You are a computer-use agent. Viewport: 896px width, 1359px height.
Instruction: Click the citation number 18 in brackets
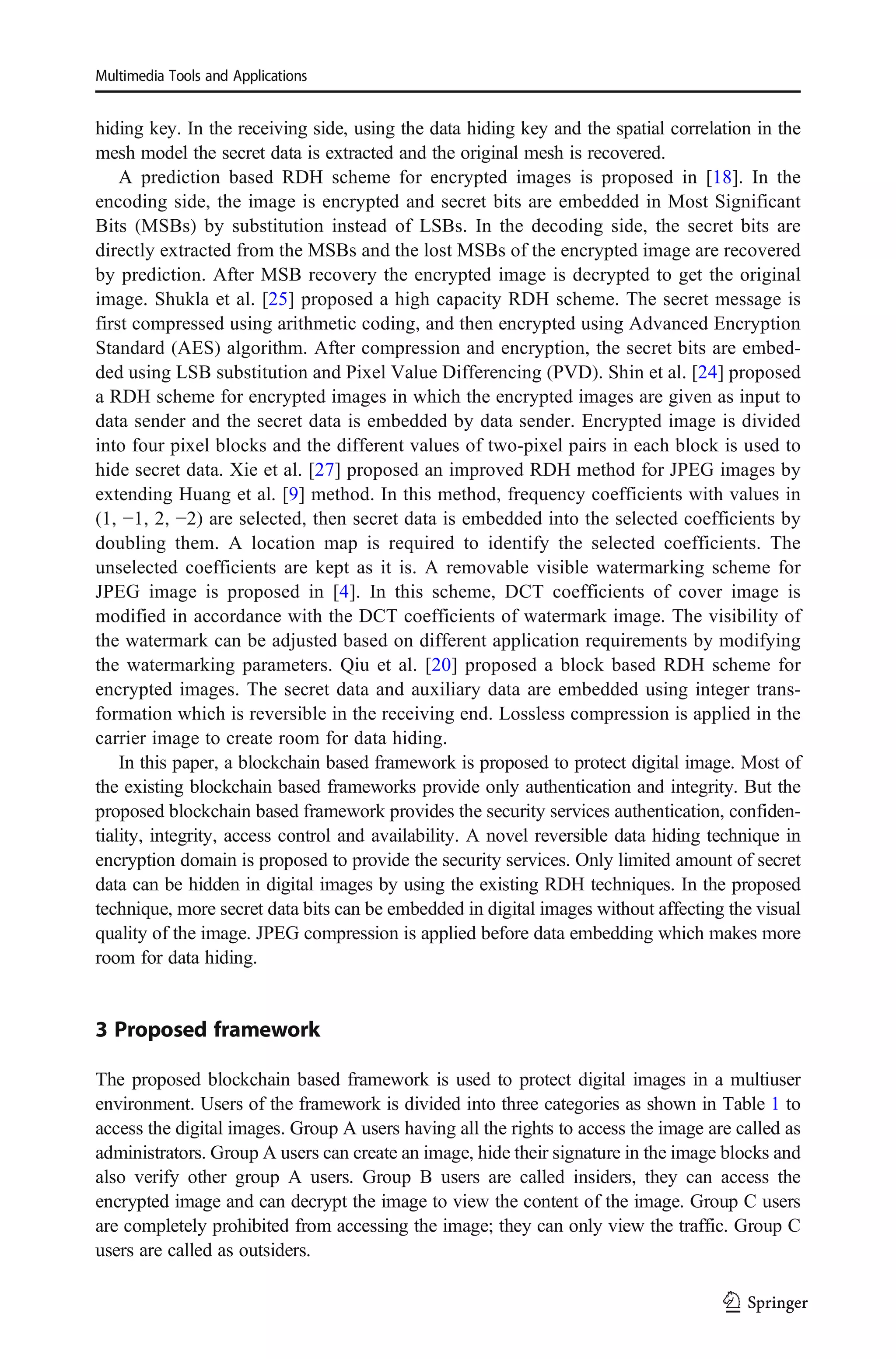(722, 177)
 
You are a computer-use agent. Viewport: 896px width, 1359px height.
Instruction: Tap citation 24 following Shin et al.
(707, 372)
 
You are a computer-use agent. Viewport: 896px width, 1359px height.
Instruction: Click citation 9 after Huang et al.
(293, 494)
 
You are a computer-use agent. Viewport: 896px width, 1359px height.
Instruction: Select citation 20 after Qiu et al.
(441, 665)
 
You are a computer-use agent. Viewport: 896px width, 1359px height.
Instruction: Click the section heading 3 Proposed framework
(207, 1029)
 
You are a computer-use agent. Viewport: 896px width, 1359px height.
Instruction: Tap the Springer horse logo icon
(731, 1303)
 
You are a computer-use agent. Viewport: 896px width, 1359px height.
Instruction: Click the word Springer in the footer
(777, 1303)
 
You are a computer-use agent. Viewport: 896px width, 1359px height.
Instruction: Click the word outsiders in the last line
(274, 1250)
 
